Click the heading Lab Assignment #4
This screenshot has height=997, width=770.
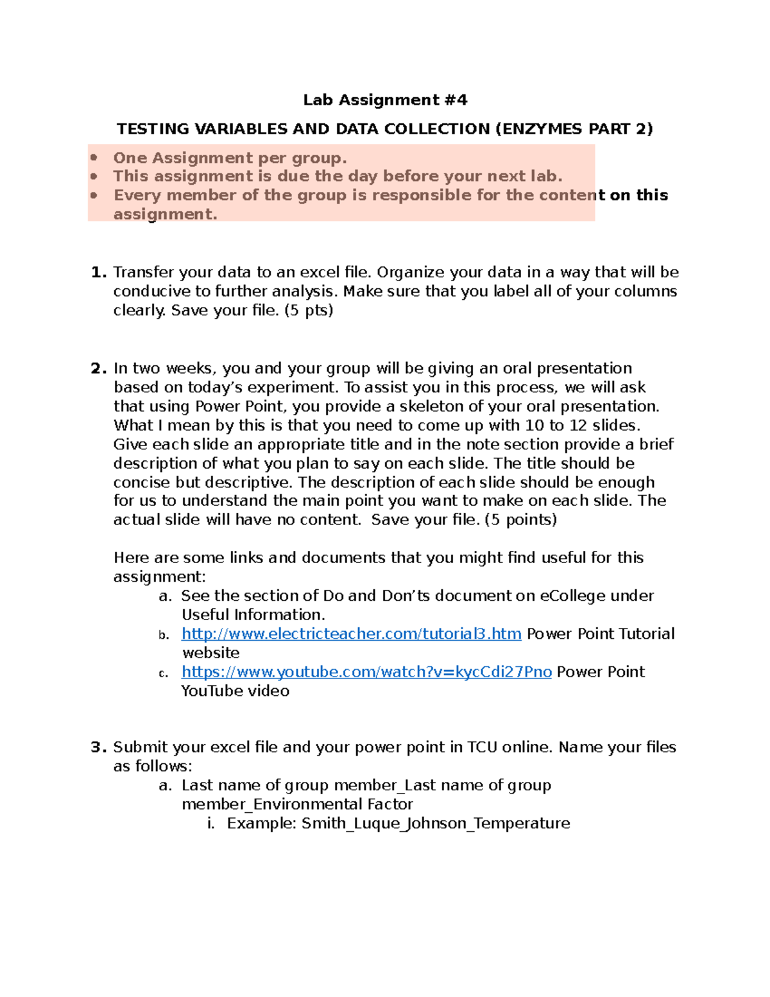click(385, 100)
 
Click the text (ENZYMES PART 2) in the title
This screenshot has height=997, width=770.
click(574, 129)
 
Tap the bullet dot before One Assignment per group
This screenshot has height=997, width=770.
click(94, 158)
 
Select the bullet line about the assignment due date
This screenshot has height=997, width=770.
click(338, 177)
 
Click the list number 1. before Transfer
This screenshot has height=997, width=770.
click(98, 272)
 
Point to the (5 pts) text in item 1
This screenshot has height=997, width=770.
click(309, 310)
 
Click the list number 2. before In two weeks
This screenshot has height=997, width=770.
click(98, 368)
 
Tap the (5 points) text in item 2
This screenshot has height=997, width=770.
click(520, 519)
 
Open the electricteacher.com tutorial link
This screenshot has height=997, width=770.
click(351, 634)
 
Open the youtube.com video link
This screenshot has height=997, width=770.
click(366, 672)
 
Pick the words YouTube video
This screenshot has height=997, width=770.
click(235, 691)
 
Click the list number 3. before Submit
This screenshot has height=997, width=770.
click(98, 747)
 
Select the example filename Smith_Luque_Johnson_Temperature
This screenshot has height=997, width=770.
click(436, 823)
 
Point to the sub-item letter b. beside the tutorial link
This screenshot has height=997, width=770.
click(164, 635)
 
